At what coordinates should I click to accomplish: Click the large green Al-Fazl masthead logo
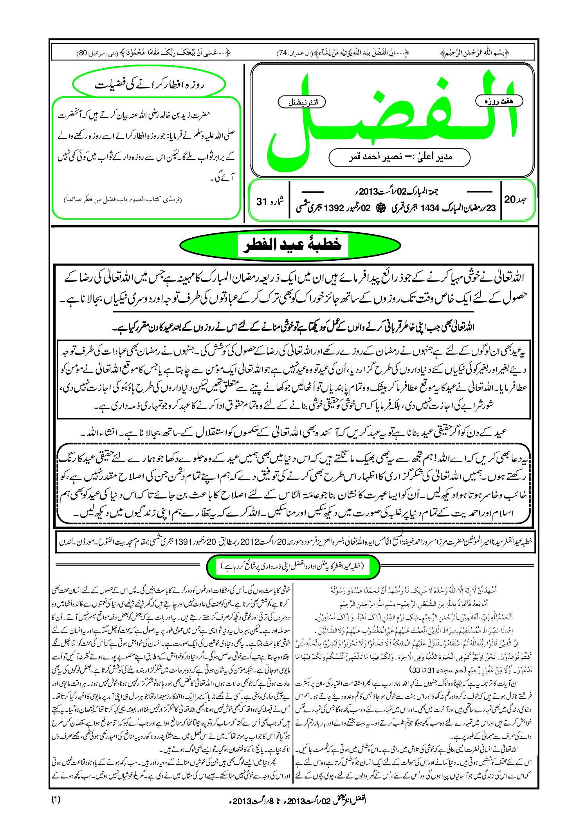click(x=391, y=121)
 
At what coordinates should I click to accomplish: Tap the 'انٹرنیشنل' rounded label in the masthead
click(x=301, y=103)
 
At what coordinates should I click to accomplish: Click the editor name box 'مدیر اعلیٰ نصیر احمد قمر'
click(x=399, y=157)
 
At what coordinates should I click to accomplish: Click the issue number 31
click(x=261, y=202)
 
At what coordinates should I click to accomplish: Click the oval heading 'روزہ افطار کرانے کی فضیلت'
click(x=149, y=84)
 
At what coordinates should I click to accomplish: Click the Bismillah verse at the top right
click(x=485, y=52)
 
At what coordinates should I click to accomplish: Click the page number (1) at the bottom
click(x=56, y=799)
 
